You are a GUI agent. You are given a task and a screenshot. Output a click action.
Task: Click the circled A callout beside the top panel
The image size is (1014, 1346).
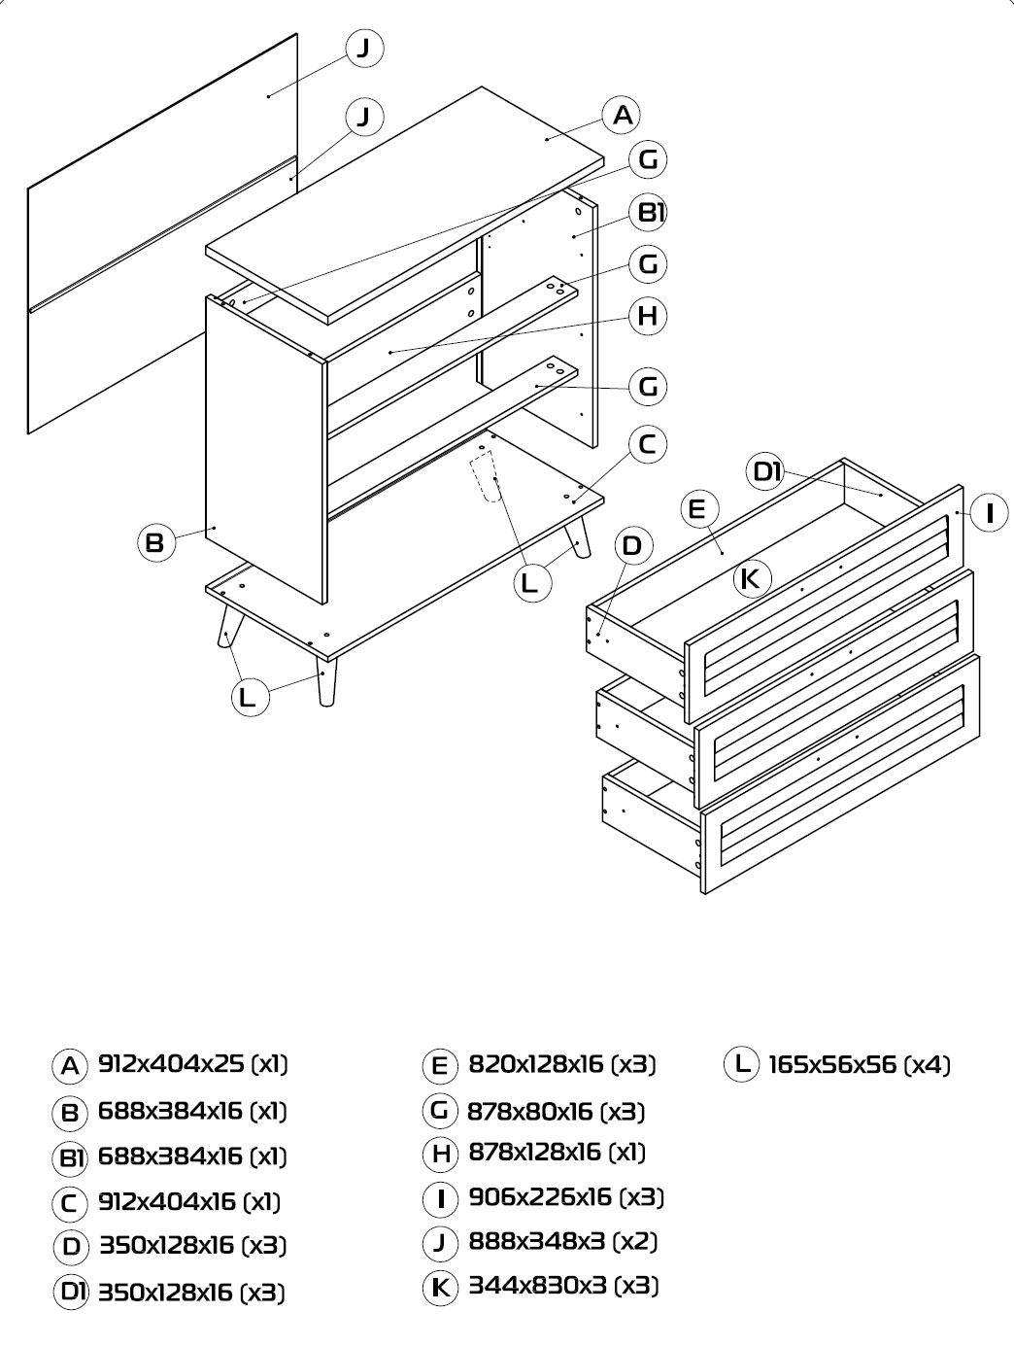(x=622, y=115)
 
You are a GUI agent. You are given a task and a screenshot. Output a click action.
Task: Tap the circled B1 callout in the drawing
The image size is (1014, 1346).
(x=649, y=212)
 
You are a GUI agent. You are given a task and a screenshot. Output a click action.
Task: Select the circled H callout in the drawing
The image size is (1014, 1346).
(x=648, y=316)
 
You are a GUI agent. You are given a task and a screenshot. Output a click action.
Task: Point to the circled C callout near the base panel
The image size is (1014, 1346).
(x=648, y=444)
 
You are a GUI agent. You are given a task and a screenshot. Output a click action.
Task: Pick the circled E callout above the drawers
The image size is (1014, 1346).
(x=698, y=508)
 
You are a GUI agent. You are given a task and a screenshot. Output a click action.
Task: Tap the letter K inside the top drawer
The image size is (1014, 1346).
(x=750, y=578)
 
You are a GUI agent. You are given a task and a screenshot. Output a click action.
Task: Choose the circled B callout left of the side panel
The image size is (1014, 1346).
(x=155, y=542)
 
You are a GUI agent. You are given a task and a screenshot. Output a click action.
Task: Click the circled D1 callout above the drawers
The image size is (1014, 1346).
(x=766, y=471)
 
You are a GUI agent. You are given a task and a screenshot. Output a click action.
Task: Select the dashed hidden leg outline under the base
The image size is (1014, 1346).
(x=487, y=476)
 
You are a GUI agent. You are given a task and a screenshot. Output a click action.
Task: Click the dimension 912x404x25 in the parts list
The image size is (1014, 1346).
(x=172, y=1063)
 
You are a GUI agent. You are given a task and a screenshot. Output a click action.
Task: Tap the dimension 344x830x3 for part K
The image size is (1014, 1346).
(x=537, y=1285)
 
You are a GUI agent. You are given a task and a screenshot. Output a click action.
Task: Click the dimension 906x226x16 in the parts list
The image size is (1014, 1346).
(x=540, y=1196)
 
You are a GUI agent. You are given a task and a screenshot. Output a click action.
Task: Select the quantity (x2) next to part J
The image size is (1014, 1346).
(x=635, y=1241)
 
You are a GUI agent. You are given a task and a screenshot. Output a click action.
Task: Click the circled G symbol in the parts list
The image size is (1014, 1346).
(x=440, y=1110)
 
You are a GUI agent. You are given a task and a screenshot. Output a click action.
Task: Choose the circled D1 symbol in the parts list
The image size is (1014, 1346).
(x=71, y=1292)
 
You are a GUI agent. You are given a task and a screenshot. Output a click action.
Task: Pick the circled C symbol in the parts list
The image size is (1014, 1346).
(x=70, y=1203)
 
